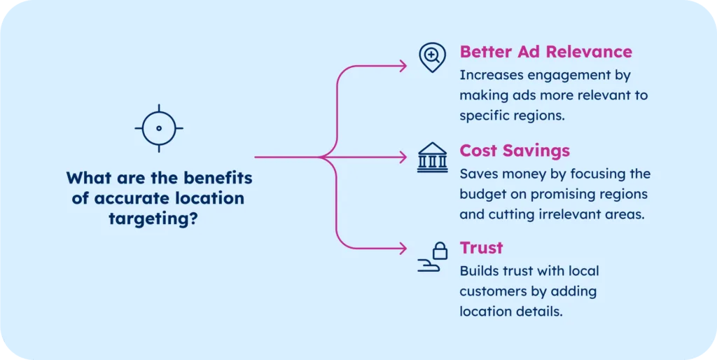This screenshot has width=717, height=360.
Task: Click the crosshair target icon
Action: pyautogui.click(x=158, y=128)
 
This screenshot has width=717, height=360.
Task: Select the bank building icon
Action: pyautogui.click(x=432, y=158)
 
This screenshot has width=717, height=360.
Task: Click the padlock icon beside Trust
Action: pyautogui.click(x=439, y=250)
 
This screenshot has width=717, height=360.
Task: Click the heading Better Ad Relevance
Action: pyautogui.click(x=545, y=52)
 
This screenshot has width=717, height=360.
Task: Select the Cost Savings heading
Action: pyautogui.click(x=515, y=151)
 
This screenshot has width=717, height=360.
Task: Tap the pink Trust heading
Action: pyautogui.click(x=481, y=248)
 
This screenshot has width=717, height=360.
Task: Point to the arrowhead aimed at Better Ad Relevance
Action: pyautogui.click(x=403, y=66)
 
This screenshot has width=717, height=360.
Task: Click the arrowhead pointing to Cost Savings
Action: pyautogui.click(x=403, y=158)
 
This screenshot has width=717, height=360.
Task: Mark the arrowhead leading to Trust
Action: pyautogui.click(x=403, y=249)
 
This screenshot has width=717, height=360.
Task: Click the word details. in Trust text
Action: pyautogui.click(x=540, y=312)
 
